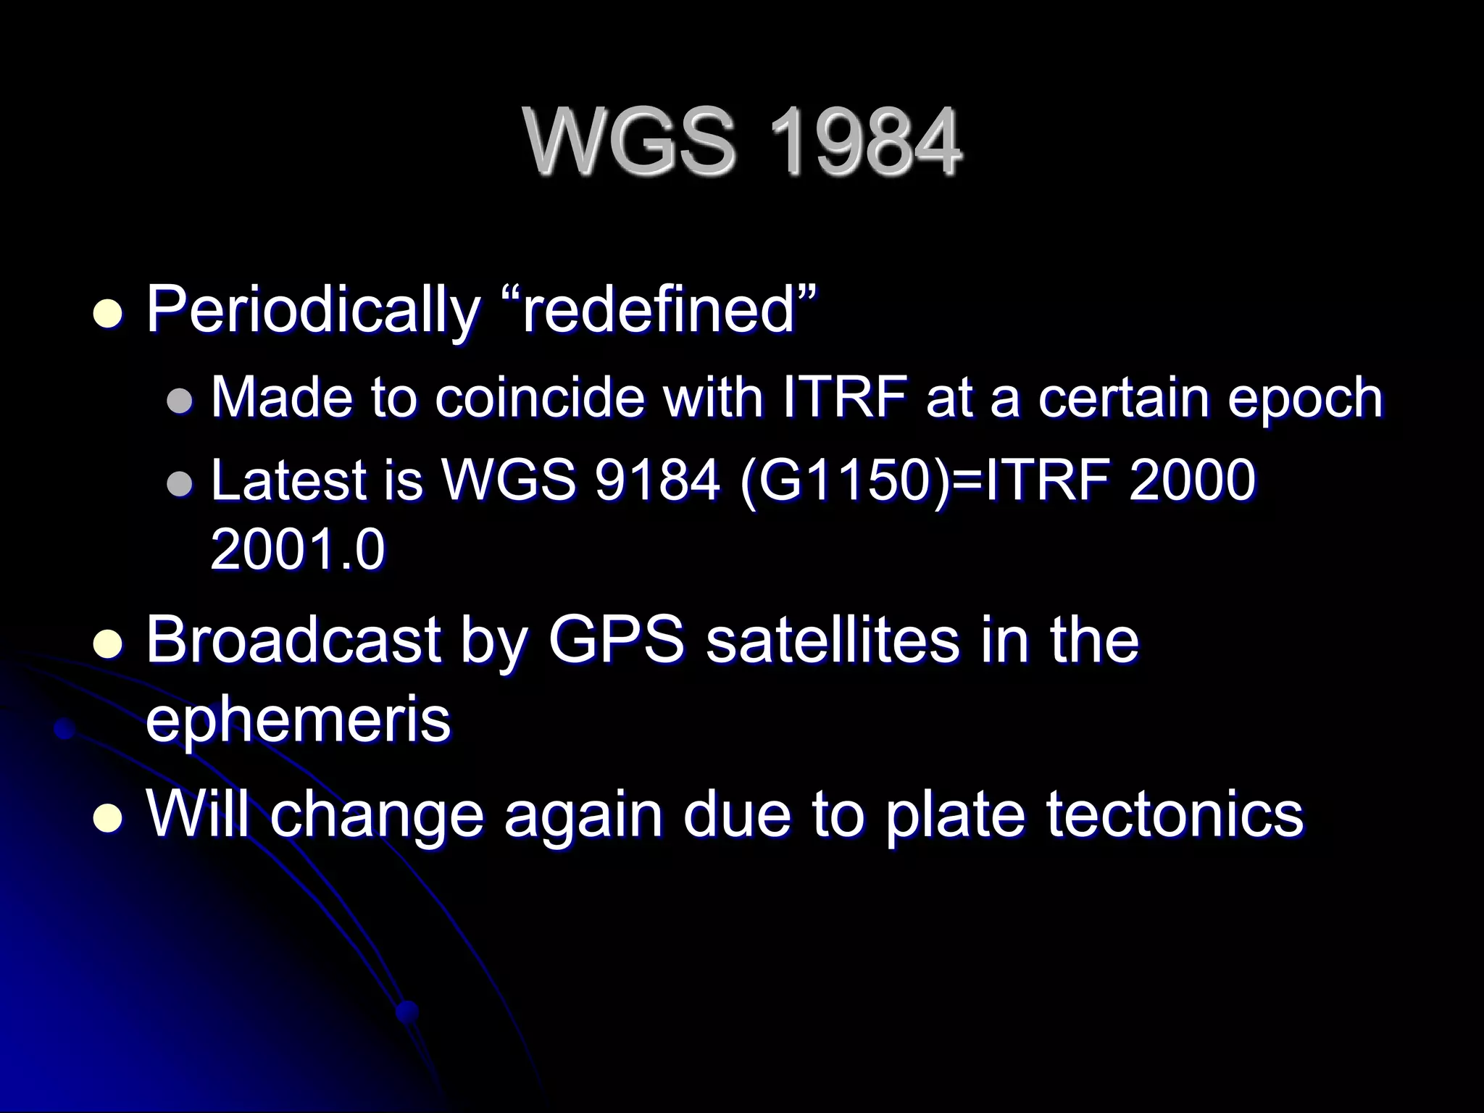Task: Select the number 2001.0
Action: coord(297,549)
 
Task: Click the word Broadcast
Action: coord(293,639)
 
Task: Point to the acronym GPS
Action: coord(615,639)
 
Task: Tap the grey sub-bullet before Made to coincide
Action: coord(180,401)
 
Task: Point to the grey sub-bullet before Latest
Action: coord(180,484)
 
